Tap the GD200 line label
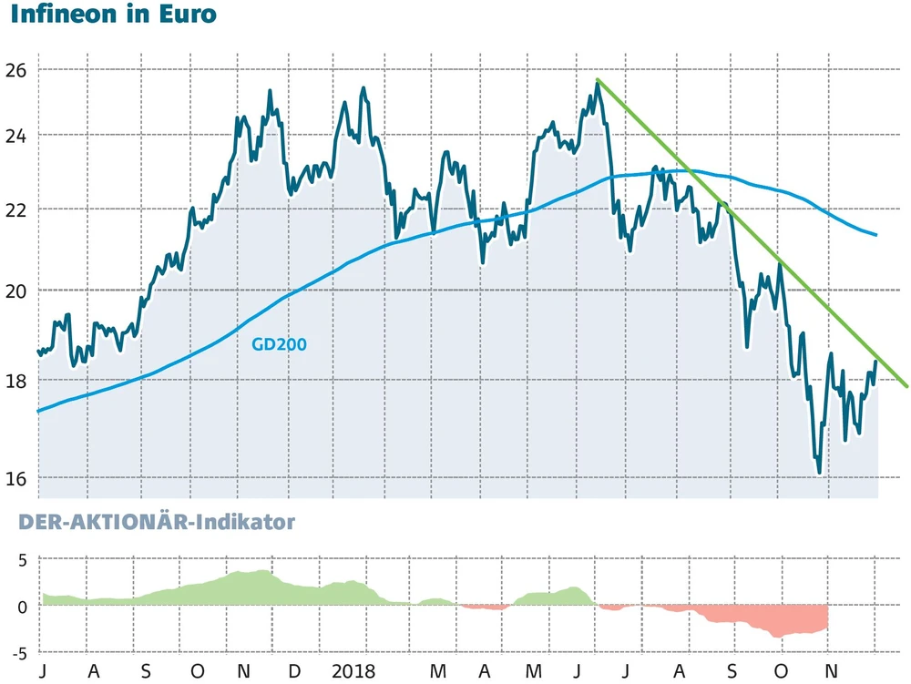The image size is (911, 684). tap(278, 344)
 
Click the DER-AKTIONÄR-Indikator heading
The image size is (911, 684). tap(147, 523)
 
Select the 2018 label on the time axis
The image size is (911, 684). tap(353, 672)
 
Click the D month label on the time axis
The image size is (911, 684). tap(292, 672)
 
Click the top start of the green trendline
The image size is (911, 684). tap(597, 80)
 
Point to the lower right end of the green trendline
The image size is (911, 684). tap(906, 385)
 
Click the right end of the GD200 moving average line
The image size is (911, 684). tap(875, 235)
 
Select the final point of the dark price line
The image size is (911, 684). tap(876, 362)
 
